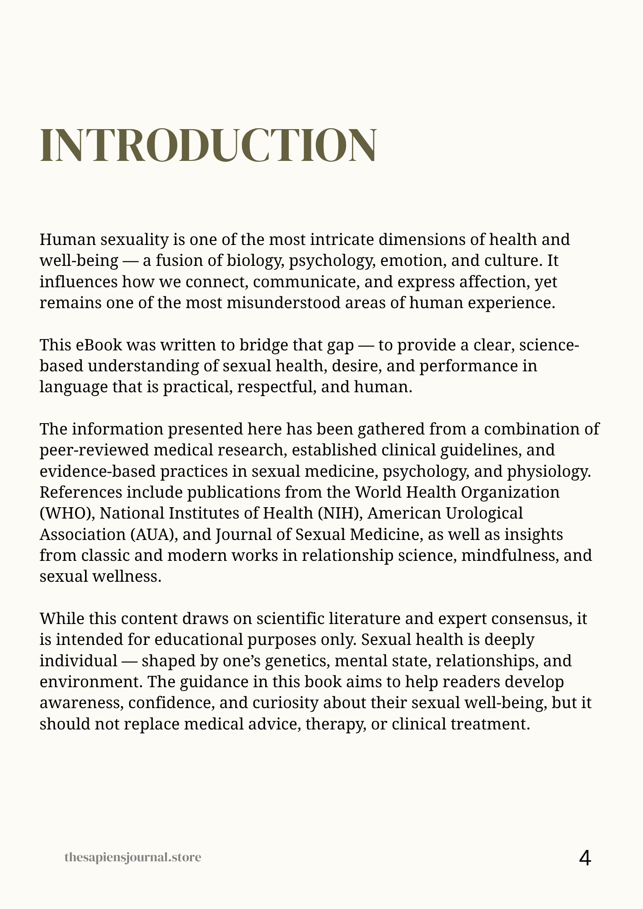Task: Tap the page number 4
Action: [585, 858]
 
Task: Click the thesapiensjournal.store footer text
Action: [133, 858]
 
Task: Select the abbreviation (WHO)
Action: [67, 513]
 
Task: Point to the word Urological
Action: [484, 513]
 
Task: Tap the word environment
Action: [90, 682]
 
